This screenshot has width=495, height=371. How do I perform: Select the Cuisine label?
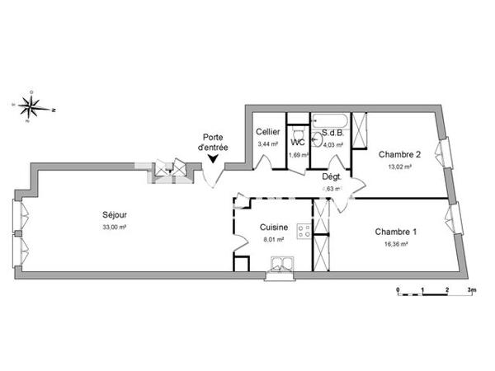point(272,228)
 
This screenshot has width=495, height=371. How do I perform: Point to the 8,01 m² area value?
point(272,239)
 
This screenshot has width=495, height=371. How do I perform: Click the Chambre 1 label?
point(395,232)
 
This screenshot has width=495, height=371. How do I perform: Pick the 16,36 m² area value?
point(395,244)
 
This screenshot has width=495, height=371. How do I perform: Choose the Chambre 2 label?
point(399,154)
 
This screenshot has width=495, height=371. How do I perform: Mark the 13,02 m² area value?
point(399,166)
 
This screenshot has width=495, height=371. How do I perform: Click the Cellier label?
point(268,132)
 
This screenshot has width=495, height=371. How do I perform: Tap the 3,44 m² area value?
point(268,143)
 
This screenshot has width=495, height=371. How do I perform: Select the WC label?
point(298,142)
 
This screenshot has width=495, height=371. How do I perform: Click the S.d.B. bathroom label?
point(332,133)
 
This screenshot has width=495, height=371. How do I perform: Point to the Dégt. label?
point(332,176)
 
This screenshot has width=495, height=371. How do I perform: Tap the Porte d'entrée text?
point(213,142)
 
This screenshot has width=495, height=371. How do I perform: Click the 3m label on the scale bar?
point(471,291)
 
